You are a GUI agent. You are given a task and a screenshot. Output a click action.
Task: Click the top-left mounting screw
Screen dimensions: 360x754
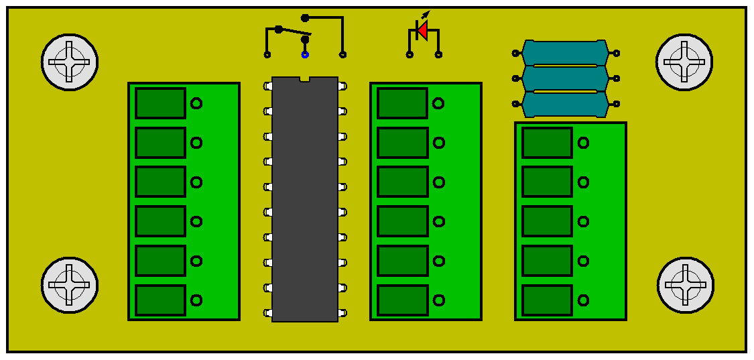point(70,62)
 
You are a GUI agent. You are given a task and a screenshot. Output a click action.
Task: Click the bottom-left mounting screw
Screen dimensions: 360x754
point(70,285)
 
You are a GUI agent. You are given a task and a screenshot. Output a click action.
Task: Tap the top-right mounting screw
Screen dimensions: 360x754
point(684,62)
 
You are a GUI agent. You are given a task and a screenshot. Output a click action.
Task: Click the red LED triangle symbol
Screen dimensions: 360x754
point(422,30)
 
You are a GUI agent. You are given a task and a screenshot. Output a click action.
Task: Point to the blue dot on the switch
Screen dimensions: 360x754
point(305,54)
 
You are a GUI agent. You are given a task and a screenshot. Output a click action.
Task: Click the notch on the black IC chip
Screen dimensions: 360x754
point(305,80)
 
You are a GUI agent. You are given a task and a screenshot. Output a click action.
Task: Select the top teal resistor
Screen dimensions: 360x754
point(565,52)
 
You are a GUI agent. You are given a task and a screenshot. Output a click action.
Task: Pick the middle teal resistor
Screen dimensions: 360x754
point(565,78)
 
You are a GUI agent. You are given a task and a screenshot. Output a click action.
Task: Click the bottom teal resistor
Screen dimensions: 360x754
point(565,104)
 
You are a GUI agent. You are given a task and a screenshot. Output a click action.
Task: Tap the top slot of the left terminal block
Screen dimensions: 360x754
point(160,103)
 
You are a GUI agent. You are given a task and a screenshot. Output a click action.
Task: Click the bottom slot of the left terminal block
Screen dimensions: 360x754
point(160,300)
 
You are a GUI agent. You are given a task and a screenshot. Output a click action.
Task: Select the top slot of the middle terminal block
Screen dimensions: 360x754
point(402,103)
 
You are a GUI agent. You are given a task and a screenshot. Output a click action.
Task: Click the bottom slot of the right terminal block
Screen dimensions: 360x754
point(547,300)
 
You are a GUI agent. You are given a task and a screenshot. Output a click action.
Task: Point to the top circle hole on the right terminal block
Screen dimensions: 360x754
point(583,143)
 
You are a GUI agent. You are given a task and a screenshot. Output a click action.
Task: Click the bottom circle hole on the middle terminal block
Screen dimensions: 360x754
point(438,300)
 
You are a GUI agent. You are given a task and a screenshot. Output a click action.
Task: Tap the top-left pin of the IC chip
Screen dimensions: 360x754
point(268,86)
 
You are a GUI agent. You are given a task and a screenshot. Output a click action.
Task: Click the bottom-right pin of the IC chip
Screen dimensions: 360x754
point(342,312)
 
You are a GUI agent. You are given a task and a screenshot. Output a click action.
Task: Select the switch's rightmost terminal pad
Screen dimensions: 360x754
point(342,54)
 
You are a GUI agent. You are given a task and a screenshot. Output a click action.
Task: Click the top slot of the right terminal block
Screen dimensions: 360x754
point(547,143)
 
